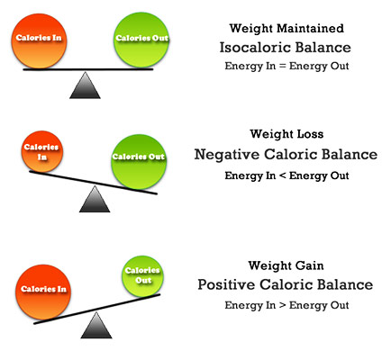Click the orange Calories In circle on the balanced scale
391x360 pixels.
click(x=39, y=40)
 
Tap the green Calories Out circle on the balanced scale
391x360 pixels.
click(x=141, y=40)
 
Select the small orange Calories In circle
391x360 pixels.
click(x=42, y=151)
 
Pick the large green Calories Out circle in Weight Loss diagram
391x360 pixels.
click(x=139, y=162)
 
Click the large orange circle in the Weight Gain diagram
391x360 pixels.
click(x=43, y=292)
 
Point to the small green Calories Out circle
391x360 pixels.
click(x=143, y=276)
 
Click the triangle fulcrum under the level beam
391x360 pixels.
click(x=85, y=85)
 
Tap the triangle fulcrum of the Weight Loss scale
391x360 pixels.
click(x=95, y=199)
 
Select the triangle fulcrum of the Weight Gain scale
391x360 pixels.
click(x=96, y=325)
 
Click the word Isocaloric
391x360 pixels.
click(x=254, y=48)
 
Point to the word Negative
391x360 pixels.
click(x=227, y=155)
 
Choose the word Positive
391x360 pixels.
click(x=226, y=284)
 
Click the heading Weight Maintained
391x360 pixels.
click(x=286, y=28)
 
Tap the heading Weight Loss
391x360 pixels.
click(x=286, y=134)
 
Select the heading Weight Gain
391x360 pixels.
click(x=286, y=265)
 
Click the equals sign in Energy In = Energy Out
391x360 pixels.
click(x=282, y=67)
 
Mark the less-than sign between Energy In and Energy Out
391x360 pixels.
click(x=282, y=175)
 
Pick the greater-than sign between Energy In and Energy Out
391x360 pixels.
click(x=282, y=305)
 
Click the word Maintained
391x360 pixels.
click(x=310, y=28)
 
